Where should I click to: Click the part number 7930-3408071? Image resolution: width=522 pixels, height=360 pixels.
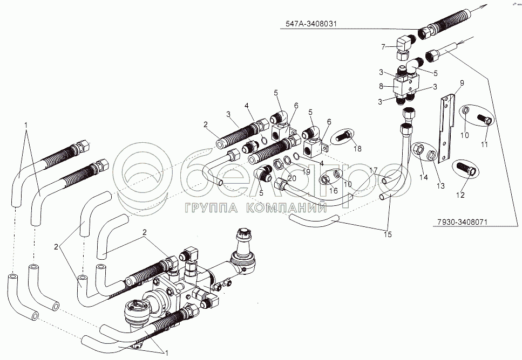tap(459, 221)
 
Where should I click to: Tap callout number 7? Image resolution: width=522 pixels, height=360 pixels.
tap(383, 47)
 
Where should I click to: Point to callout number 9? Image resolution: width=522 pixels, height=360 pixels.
tap(462, 82)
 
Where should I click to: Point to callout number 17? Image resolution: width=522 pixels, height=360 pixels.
tap(373, 171)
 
